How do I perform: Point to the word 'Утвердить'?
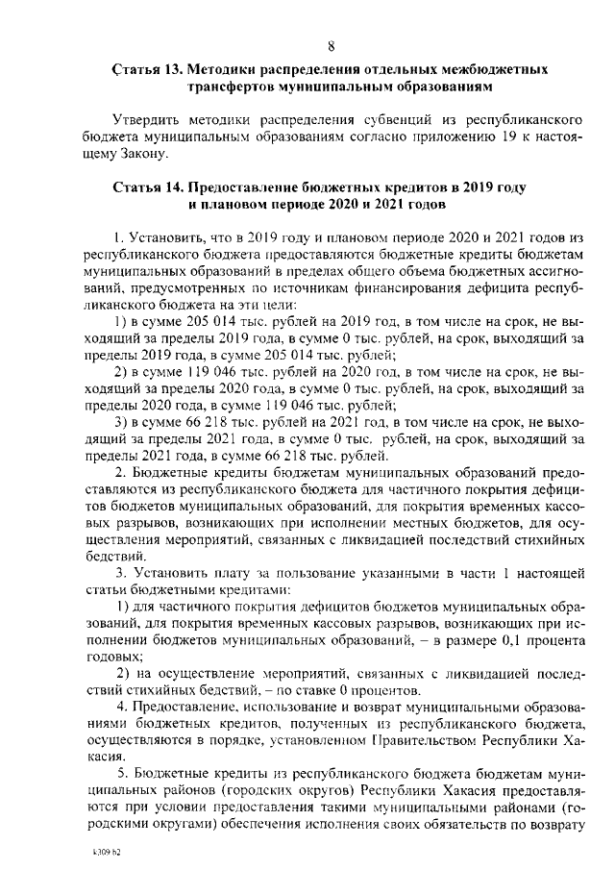pos(146,120)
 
